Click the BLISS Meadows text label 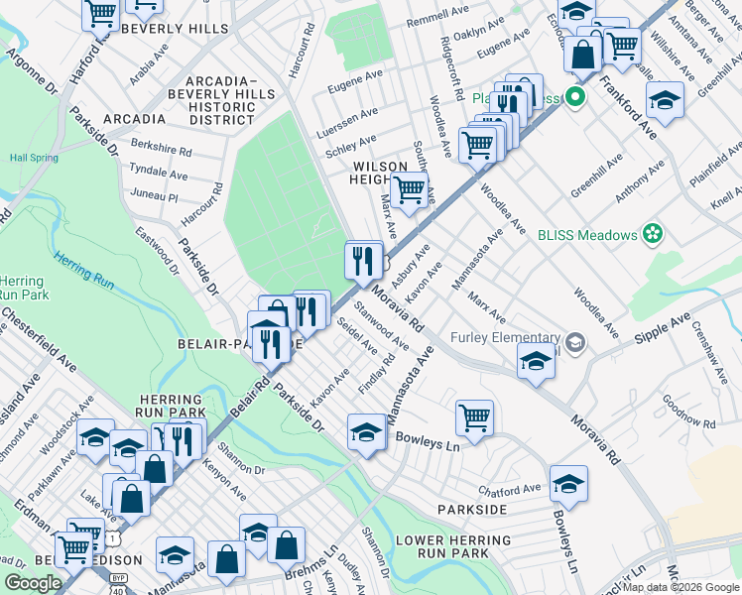point(585,234)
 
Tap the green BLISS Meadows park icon point(653,234)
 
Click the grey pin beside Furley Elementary point(577,344)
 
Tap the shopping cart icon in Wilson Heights point(409,189)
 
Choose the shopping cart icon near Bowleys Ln point(475,416)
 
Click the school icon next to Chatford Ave point(568,483)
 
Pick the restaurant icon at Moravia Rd point(363,260)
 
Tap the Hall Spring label point(35,157)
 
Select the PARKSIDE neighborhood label point(472,510)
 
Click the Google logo point(34,582)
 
